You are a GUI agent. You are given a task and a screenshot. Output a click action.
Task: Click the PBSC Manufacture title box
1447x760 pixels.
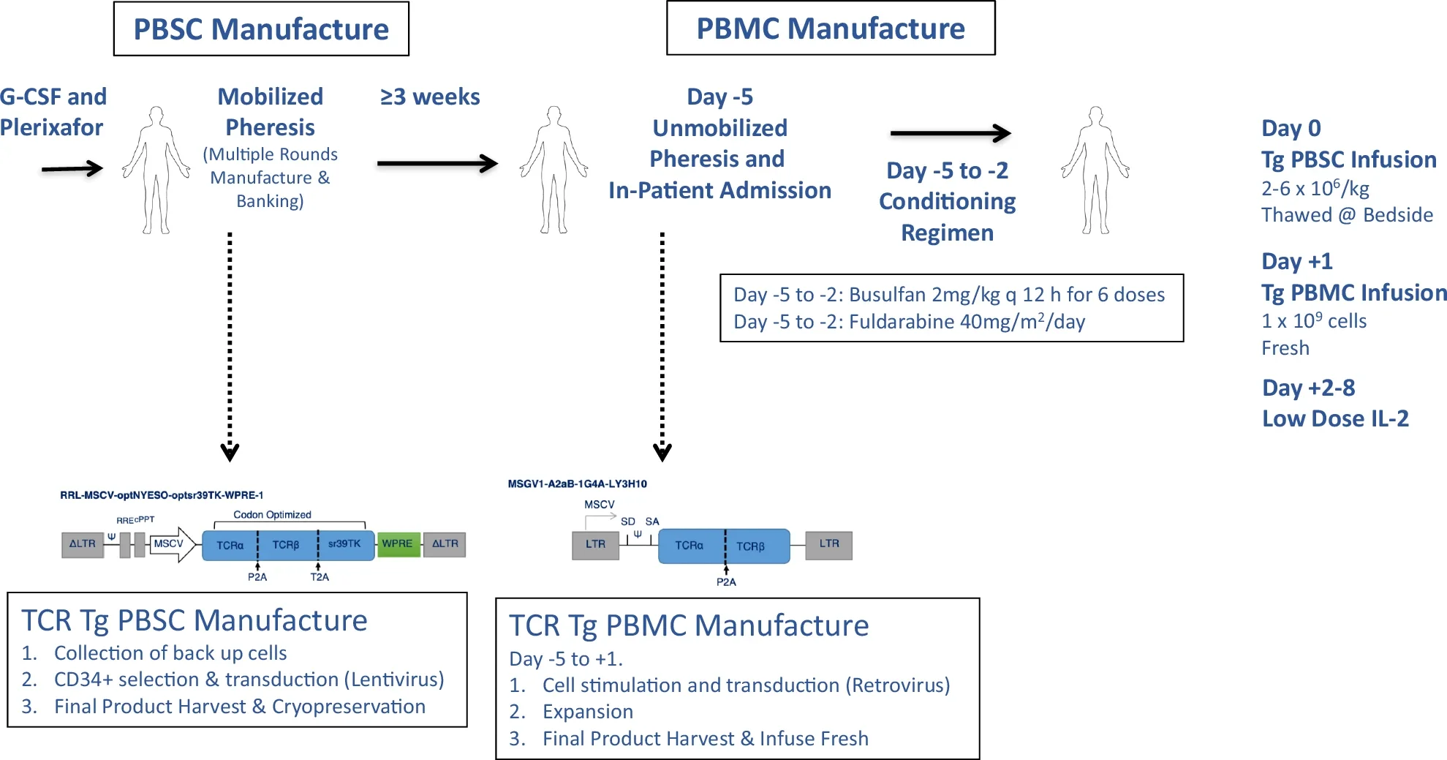[x=261, y=29]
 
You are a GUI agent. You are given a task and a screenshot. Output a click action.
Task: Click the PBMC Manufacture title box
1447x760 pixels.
[x=830, y=29]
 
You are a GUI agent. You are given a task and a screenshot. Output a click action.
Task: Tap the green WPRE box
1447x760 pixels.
[x=398, y=544]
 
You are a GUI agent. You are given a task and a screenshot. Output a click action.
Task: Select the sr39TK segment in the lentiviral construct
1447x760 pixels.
[x=345, y=545]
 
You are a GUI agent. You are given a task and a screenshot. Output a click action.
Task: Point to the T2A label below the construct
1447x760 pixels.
[x=320, y=577]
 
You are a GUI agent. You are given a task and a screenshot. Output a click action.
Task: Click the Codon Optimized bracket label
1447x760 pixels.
[x=272, y=515]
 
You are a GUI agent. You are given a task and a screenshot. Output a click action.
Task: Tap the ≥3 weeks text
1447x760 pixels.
[x=430, y=97]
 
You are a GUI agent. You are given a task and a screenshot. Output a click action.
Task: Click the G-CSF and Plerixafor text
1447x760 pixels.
[x=53, y=112]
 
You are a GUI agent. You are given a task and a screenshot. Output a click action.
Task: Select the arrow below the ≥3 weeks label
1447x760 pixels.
[x=437, y=164]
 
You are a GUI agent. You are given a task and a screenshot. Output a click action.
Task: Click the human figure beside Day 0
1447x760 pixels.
[x=1095, y=170]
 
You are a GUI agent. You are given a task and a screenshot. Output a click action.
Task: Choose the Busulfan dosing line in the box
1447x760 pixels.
[x=948, y=295]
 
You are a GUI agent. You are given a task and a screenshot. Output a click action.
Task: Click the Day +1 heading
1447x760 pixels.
[x=1296, y=261]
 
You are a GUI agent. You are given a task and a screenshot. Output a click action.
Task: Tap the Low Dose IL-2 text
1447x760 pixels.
[x=1334, y=418]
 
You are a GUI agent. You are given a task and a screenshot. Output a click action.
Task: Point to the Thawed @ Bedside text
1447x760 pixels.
[x=1346, y=215]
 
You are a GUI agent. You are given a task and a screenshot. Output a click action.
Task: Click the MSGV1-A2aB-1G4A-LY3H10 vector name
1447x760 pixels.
[x=577, y=484]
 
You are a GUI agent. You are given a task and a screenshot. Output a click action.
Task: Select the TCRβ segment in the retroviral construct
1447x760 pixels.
[x=752, y=546]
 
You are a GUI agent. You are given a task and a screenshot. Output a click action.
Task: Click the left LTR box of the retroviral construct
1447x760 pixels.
[x=595, y=545]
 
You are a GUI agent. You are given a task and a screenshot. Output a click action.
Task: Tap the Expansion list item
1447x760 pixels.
[x=587, y=712]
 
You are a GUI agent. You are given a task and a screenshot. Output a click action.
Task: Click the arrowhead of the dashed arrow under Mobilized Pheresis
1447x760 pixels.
[x=230, y=452]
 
